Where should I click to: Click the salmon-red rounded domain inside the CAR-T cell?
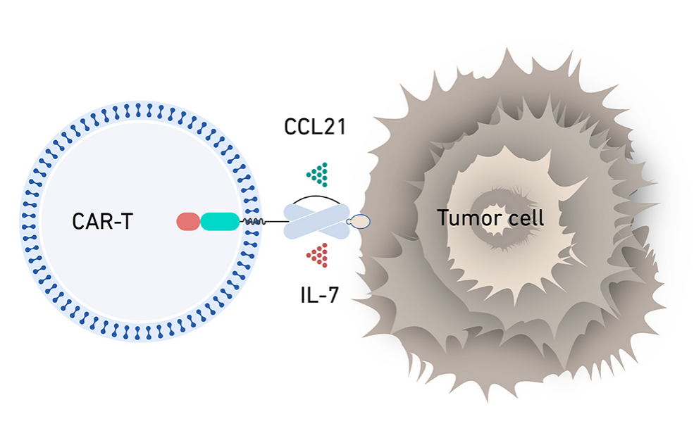188,222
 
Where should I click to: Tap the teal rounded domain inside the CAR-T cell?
220,222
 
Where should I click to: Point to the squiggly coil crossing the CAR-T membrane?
253,222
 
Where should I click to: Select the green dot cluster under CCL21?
318,173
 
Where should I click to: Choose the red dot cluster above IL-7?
318,255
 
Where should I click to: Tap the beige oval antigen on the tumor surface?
359,222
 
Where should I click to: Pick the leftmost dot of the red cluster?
309,256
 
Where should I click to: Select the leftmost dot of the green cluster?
309,173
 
